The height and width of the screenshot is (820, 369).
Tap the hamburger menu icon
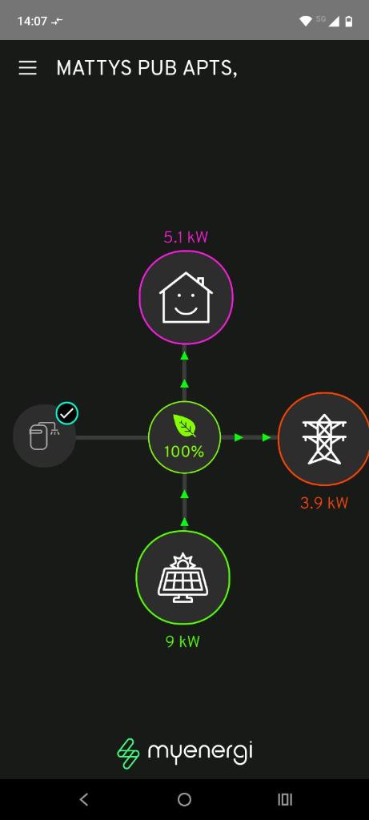pos(28,68)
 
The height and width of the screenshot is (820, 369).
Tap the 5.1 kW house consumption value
pos(186,237)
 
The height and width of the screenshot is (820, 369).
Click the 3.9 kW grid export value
pos(324,503)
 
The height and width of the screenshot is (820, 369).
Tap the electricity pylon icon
pos(324,439)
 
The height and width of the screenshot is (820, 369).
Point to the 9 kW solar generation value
pos(183,641)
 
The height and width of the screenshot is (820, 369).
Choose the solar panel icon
pos(183,577)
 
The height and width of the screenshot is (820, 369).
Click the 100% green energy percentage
pos(184,452)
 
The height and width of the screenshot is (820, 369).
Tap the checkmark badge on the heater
pos(67,414)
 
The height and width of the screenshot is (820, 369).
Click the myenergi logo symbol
pos(129,754)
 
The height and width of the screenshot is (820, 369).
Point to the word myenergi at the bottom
pos(201,753)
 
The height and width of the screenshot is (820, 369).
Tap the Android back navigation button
pos(83,799)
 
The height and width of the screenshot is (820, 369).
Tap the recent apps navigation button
pos(285,799)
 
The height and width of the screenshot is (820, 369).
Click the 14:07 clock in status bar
pos(32,21)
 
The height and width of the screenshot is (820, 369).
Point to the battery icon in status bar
pos(349,21)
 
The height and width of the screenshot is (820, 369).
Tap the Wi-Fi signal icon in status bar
pos(305,21)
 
